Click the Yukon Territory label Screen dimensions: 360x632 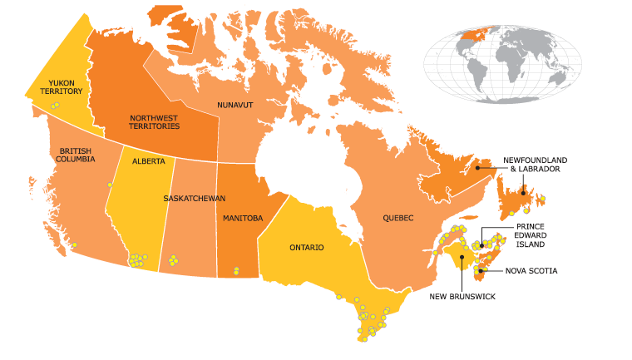pyautogui.click(x=66, y=87)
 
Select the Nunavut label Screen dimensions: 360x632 pyautogui.click(x=235, y=106)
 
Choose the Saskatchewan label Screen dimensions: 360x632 pyautogui.click(x=194, y=199)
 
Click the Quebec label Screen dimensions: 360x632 pyautogui.click(x=397, y=218)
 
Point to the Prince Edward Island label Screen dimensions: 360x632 pyautogui.click(x=530, y=235)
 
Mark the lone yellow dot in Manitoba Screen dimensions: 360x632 pyautogui.click(x=237, y=269)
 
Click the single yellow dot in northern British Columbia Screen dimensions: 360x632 pyautogui.click(x=109, y=185)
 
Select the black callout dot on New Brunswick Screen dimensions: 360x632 pyautogui.click(x=460, y=257)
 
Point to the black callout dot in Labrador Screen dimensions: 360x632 pyautogui.click(x=479, y=168)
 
